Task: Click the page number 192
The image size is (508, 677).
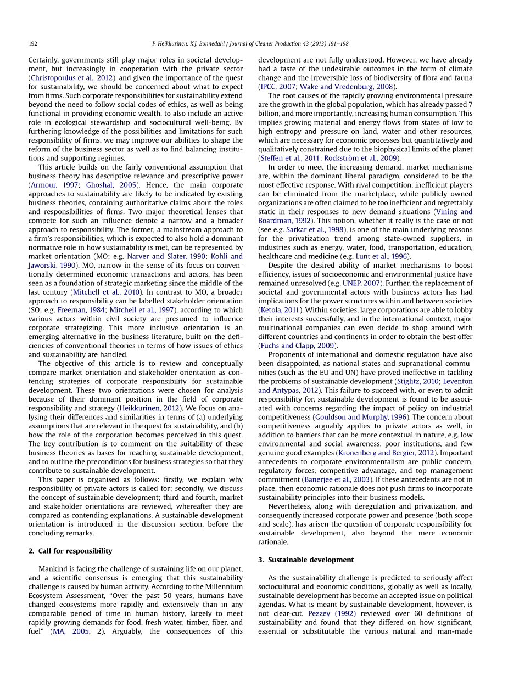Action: (32, 44)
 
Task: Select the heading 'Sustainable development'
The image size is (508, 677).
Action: (311, 560)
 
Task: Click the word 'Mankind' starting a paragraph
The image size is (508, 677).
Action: (53, 569)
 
